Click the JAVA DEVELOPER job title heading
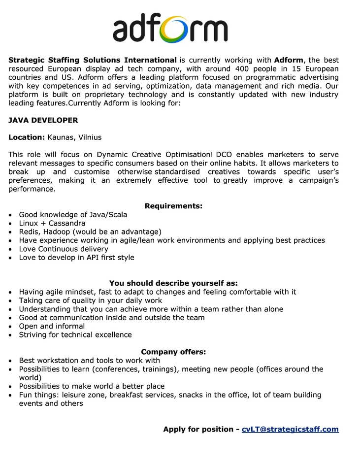pos(43,120)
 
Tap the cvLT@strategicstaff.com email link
pos(290,429)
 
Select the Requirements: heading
pos(173,206)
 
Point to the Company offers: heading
pos(173,352)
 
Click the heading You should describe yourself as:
pos(173,283)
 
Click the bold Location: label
pos(27,137)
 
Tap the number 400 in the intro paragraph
pos(245,69)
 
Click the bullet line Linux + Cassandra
pos(52,223)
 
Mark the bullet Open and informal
pos(52,326)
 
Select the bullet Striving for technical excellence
pos(75,335)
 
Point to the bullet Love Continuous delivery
pos(64,249)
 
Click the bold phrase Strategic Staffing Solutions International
pos(93,60)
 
